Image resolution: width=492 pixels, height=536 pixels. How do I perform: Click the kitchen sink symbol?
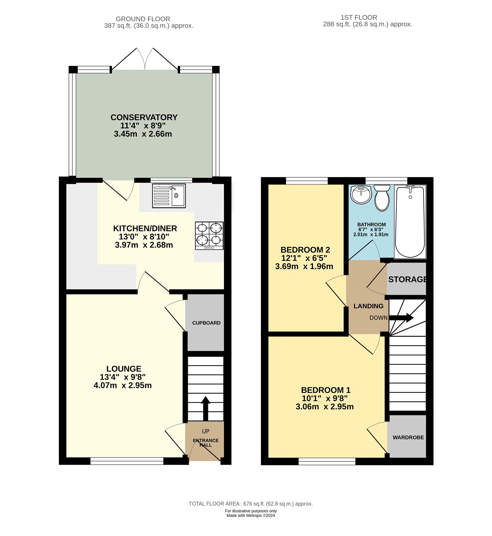click(x=169, y=196)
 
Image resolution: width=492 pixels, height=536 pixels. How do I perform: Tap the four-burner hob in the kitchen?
click(x=209, y=236)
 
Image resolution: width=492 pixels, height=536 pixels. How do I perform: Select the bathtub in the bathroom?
click(x=410, y=221)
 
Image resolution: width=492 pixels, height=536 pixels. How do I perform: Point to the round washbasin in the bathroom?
click(x=361, y=194)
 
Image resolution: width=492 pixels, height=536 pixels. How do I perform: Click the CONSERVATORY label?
click(x=144, y=117)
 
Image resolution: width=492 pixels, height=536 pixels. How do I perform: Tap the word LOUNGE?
click(x=124, y=368)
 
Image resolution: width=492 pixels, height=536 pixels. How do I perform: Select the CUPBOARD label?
click(x=206, y=323)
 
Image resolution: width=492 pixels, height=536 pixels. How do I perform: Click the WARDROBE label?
click(x=408, y=438)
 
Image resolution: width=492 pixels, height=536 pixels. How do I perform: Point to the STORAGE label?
click(x=407, y=279)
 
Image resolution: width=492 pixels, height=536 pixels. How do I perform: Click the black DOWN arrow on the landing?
click(x=401, y=318)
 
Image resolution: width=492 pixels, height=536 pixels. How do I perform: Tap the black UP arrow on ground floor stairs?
click(x=206, y=408)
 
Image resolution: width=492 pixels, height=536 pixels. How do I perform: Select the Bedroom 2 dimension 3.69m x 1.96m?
click(x=304, y=267)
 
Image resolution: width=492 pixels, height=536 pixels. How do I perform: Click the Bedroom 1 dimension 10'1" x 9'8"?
click(x=325, y=398)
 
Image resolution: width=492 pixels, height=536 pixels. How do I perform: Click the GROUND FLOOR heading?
click(x=143, y=19)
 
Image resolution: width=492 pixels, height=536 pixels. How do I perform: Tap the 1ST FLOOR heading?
click(x=359, y=17)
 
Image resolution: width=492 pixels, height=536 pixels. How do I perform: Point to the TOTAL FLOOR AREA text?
click(x=251, y=504)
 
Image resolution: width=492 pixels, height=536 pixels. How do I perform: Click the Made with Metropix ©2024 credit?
click(x=251, y=516)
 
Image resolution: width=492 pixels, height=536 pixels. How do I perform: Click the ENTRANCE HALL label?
click(x=206, y=443)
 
